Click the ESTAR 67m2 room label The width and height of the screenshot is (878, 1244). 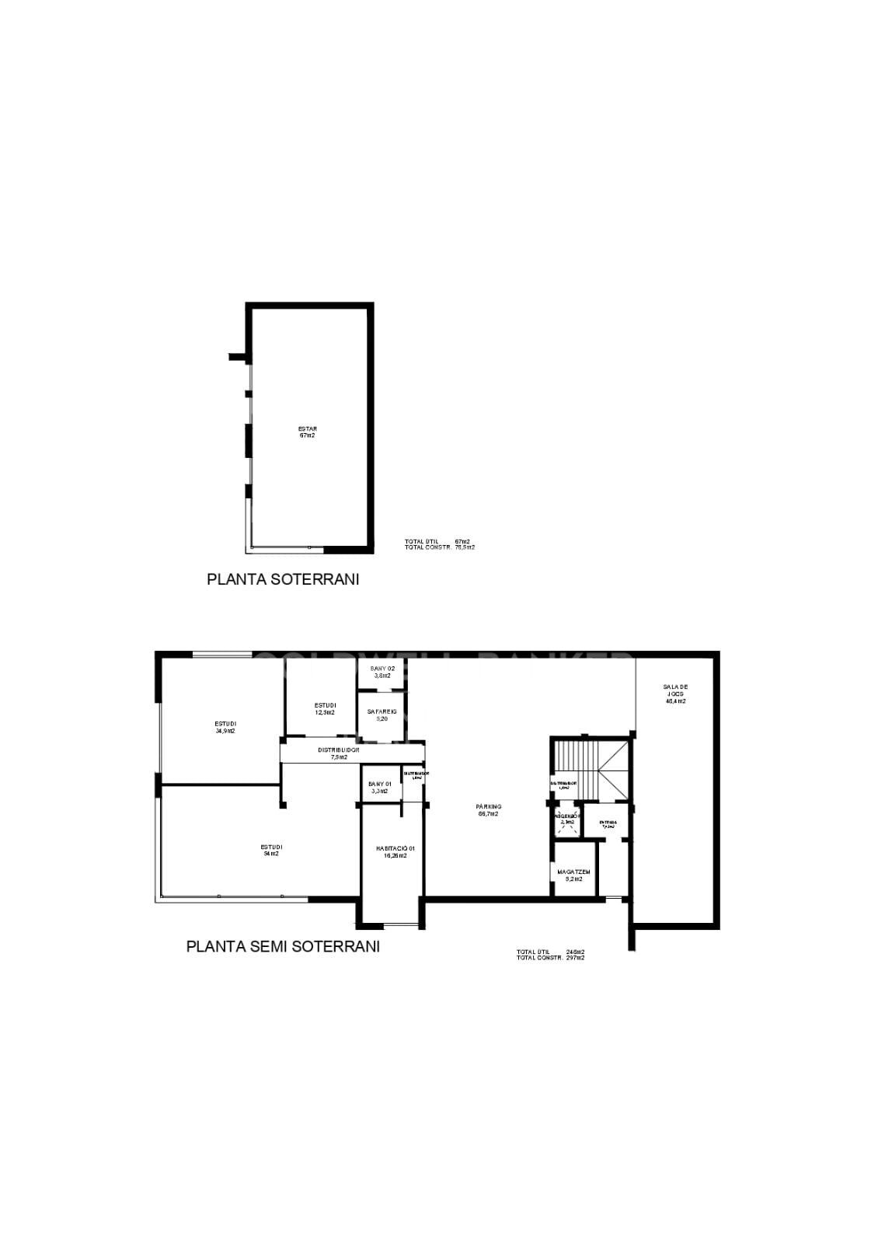(308, 432)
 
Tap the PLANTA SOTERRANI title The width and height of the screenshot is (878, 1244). (283, 579)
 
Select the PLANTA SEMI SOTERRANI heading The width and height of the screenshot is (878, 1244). (283, 946)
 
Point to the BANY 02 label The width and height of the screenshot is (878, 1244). (382, 672)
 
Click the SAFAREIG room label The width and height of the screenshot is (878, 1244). (382, 715)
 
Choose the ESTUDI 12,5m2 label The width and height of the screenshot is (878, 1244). (325, 708)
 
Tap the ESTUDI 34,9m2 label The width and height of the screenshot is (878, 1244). (225, 727)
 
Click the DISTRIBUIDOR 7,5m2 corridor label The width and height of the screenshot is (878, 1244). (338, 753)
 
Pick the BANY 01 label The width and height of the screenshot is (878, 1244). (380, 787)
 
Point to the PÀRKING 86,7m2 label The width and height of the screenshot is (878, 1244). (489, 810)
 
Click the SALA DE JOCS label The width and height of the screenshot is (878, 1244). (675, 694)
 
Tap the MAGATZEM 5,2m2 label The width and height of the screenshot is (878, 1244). (574, 875)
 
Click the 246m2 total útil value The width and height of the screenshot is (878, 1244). (575, 952)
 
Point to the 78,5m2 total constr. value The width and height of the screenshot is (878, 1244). (465, 547)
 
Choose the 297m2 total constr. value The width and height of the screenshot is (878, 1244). (575, 958)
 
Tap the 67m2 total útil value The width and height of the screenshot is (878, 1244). (462, 541)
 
